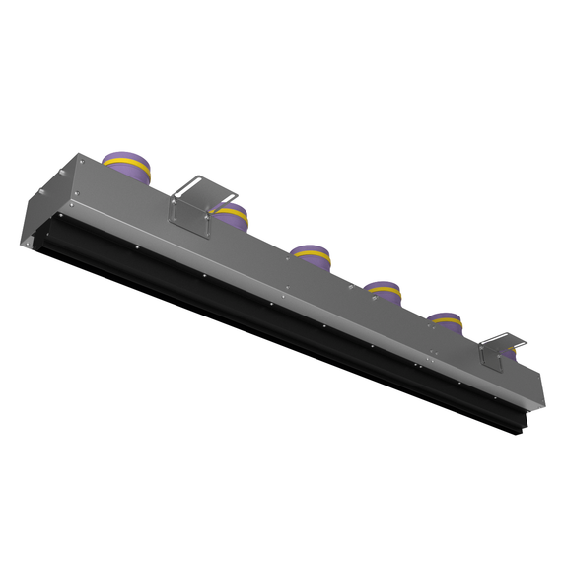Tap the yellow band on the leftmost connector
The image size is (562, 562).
(x=126, y=160)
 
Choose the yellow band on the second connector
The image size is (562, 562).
(x=233, y=210)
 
